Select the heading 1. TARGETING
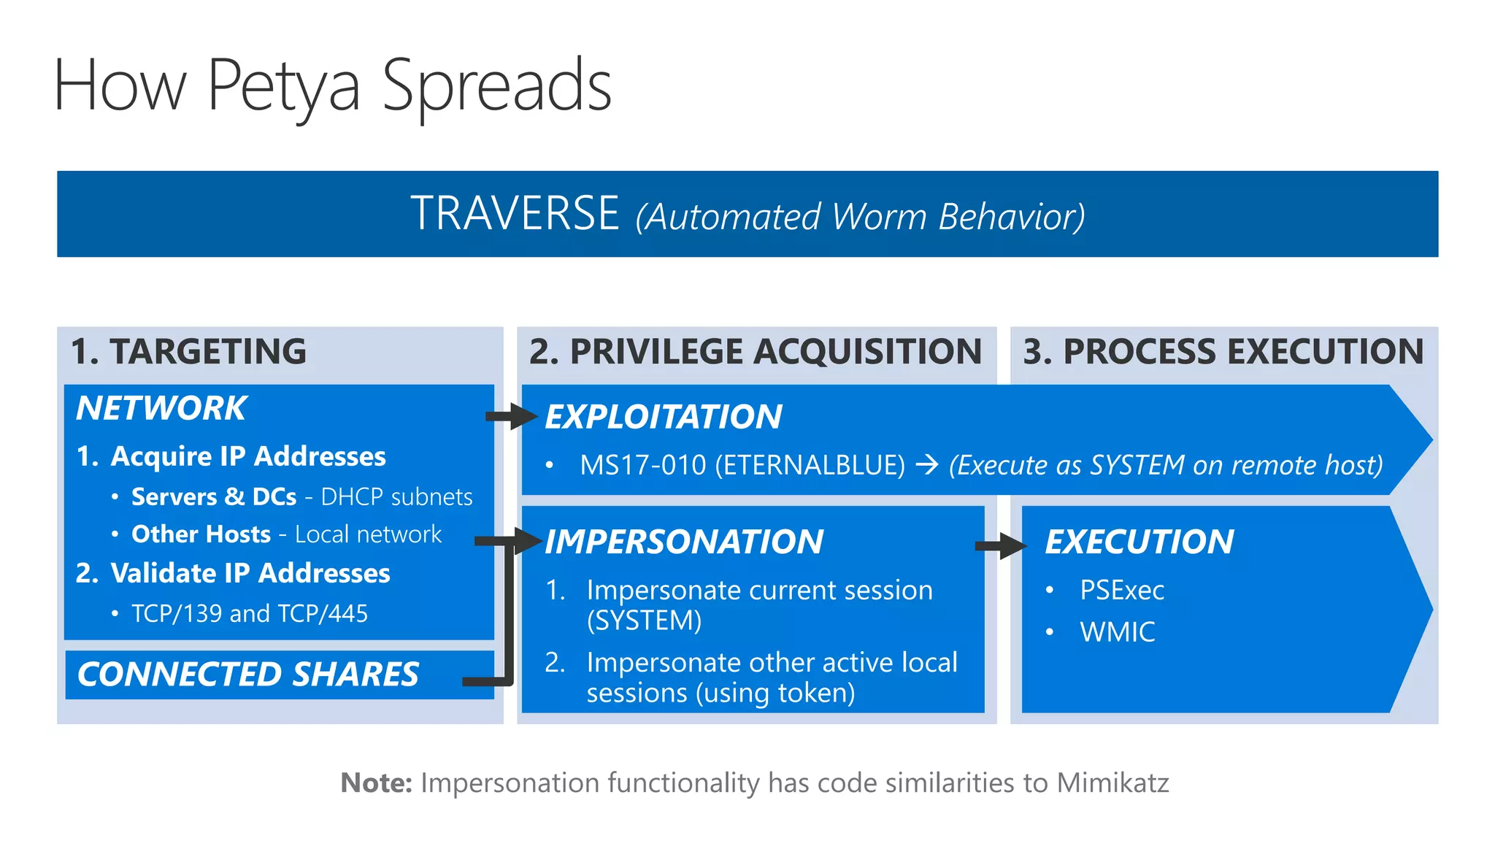click(x=188, y=351)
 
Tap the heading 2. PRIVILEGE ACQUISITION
click(x=756, y=351)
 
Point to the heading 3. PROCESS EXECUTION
click(x=1223, y=351)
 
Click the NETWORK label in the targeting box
click(x=161, y=408)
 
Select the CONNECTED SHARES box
click(x=248, y=674)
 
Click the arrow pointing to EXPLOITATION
click(x=511, y=416)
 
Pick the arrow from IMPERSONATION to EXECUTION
click(x=1001, y=545)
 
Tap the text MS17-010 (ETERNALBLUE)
click(x=742, y=465)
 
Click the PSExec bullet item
click(x=1121, y=590)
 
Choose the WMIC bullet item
click(x=1117, y=632)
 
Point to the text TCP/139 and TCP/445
click(x=249, y=613)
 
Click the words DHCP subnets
click(x=396, y=497)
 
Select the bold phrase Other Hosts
click(x=201, y=534)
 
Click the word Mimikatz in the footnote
click(x=1112, y=783)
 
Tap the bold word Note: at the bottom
click(x=377, y=783)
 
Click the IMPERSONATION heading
click(x=684, y=542)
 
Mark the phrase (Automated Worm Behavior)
click(x=860, y=217)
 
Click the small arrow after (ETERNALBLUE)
click(x=926, y=465)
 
